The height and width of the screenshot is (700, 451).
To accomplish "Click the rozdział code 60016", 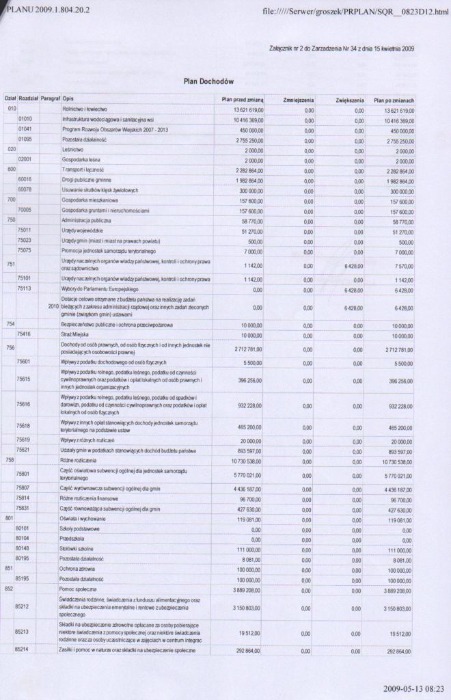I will point(25,180).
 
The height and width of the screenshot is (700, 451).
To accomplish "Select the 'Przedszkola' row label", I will point(74,539).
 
